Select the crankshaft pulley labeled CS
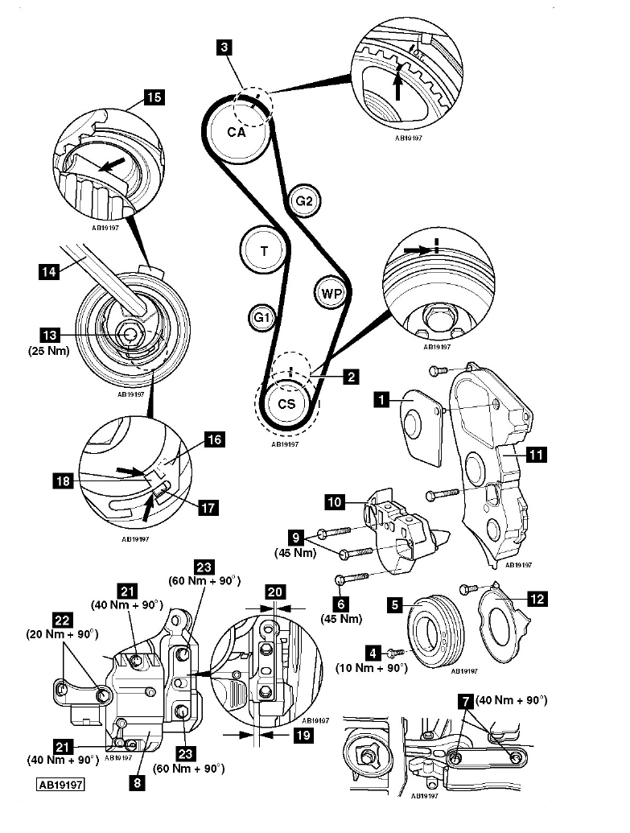tap(286, 403)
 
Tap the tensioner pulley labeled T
tap(264, 251)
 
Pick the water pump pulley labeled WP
tap(331, 294)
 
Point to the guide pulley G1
tap(261, 319)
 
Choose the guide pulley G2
tap(303, 201)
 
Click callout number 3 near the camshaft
tap(224, 48)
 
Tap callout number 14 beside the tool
tap(48, 273)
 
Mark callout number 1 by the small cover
tap(382, 398)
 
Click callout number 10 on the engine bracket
tap(336, 503)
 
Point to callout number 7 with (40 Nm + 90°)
tap(464, 702)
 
